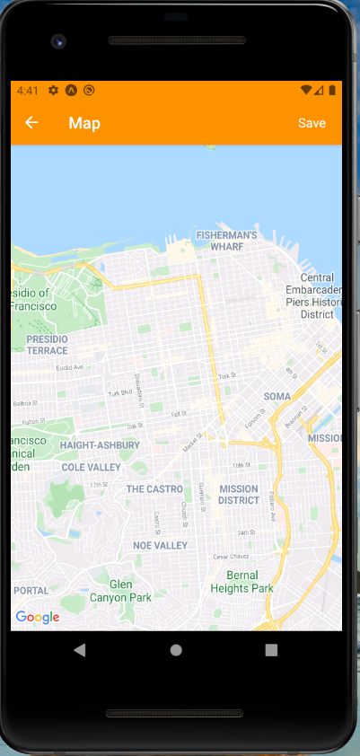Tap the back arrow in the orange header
(31, 123)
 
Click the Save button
(312, 123)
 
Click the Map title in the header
(84, 123)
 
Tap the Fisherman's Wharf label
(227, 241)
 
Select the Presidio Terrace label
(47, 345)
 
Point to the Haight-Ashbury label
(100, 444)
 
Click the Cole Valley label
(91, 467)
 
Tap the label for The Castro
(154, 489)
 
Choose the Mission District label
(238, 495)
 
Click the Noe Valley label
(160, 545)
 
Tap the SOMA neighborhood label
(277, 396)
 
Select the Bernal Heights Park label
(241, 582)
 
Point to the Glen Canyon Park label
(120, 590)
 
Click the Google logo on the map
(38, 617)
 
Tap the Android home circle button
(176, 649)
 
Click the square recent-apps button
(271, 649)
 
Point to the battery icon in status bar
(332, 90)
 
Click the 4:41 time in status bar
(27, 91)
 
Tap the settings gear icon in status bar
(54, 91)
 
